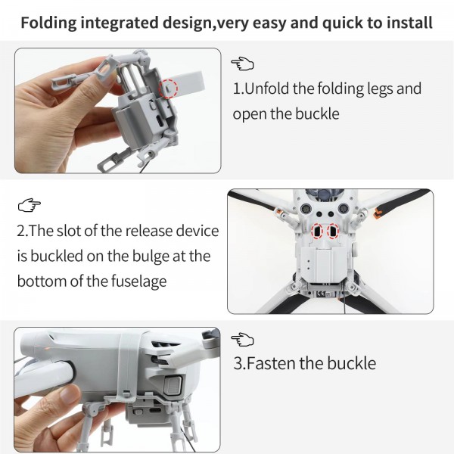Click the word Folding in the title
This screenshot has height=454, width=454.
click(x=51, y=22)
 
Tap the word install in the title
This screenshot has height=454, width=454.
click(x=406, y=22)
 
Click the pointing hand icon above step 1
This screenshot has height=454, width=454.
click(x=243, y=64)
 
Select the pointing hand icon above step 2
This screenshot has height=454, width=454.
click(x=30, y=204)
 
